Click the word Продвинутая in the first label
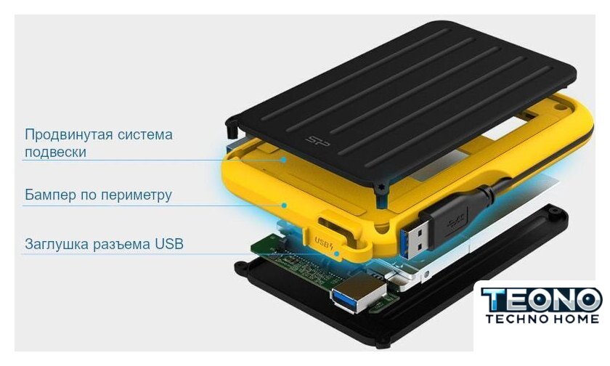coord(68,134)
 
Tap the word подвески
coord(55,152)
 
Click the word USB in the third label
coord(168,244)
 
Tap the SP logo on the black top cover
coord(317,142)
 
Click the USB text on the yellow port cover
coord(322,243)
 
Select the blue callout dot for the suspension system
coord(285,160)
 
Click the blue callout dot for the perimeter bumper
coord(285,205)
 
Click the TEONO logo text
coord(541,299)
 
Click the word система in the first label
coord(145,134)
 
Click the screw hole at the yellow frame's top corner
coord(559,106)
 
